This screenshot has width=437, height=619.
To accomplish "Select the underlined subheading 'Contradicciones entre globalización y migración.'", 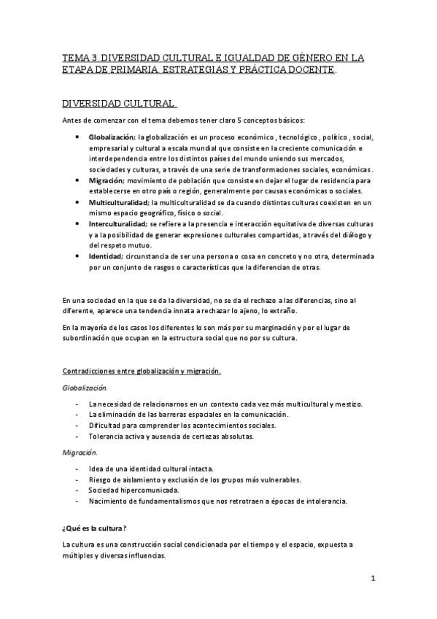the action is [x=142, y=371].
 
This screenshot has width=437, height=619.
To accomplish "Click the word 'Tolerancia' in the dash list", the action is [x=106, y=436].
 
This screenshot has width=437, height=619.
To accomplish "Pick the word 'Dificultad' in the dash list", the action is [x=104, y=425].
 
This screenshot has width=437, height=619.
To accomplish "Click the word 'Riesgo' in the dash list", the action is [x=100, y=479].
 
